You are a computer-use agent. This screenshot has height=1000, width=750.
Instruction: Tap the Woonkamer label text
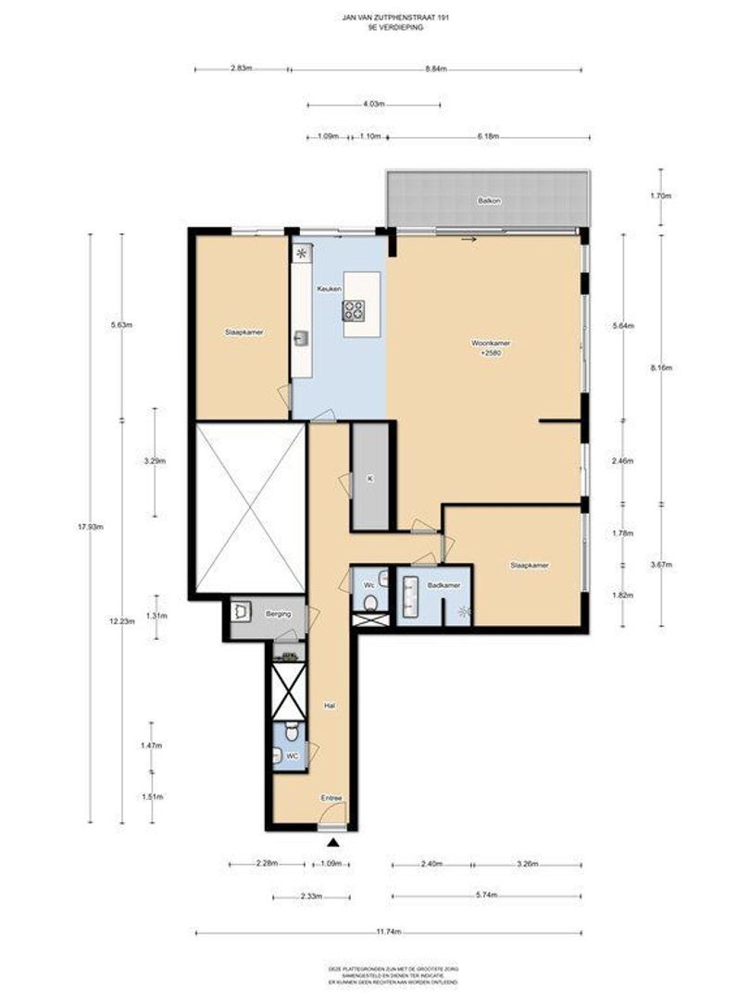point(490,343)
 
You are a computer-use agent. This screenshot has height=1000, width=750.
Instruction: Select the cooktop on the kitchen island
point(355,310)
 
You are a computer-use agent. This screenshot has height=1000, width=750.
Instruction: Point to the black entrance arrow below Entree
point(332,842)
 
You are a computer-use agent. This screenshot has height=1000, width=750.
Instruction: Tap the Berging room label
point(279,613)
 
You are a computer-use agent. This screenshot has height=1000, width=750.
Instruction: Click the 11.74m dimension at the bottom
point(389,932)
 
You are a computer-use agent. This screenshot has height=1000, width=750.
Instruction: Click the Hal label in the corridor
point(328,705)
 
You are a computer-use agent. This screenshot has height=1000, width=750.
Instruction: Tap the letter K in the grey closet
point(369,479)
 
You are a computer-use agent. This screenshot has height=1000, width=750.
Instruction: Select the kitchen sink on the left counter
point(301,339)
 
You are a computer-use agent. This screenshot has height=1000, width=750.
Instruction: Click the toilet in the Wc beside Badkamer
point(370,603)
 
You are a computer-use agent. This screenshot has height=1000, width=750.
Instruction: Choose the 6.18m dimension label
point(488,136)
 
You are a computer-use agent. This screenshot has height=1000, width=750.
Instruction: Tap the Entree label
point(331,797)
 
